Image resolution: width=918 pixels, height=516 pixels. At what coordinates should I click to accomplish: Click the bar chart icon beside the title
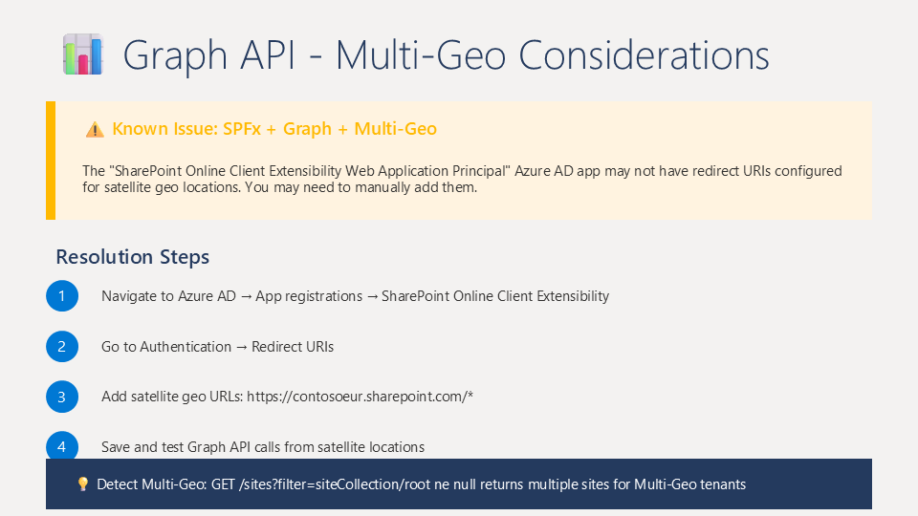click(83, 54)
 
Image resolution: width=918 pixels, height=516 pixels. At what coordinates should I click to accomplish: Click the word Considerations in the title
click(644, 55)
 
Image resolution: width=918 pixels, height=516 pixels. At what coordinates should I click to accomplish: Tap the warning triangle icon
click(95, 129)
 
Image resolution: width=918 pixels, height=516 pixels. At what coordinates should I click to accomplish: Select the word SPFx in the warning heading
click(242, 129)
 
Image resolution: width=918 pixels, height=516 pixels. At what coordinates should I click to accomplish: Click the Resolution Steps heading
click(132, 257)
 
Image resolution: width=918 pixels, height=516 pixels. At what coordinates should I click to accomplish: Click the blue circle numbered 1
click(62, 296)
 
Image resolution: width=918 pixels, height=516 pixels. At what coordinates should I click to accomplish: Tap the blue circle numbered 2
click(62, 346)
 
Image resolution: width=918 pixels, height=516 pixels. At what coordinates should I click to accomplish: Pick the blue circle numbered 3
click(62, 397)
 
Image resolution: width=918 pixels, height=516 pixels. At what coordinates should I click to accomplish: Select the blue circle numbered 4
click(62, 446)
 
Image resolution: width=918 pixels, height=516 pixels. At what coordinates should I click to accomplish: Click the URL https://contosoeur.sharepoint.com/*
click(361, 397)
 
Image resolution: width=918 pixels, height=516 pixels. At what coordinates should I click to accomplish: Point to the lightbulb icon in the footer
click(83, 484)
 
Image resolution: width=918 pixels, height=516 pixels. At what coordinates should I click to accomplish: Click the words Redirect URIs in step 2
click(293, 347)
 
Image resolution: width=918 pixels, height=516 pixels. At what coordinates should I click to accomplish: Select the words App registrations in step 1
click(309, 296)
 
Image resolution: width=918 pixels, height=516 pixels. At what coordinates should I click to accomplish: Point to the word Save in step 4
click(116, 447)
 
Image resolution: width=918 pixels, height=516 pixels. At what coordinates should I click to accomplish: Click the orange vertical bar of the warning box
click(51, 161)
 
